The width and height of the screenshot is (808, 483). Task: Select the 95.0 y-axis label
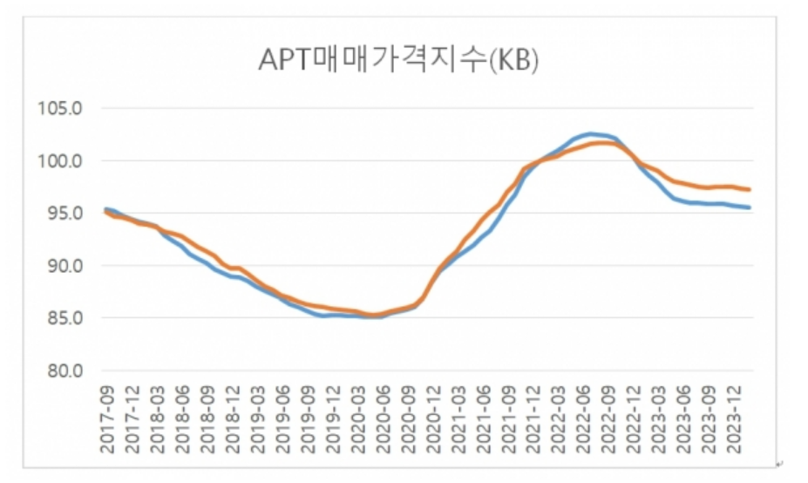tap(60, 214)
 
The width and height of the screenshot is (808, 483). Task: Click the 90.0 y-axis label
tap(60, 266)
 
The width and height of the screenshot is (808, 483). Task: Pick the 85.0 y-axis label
tap(60, 318)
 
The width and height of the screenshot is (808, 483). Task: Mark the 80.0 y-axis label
tap(60, 371)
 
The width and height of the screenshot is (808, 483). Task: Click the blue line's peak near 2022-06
tap(590, 133)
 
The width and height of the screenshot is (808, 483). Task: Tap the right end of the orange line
tap(750, 189)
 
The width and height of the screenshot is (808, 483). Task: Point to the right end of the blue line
tap(750, 207)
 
